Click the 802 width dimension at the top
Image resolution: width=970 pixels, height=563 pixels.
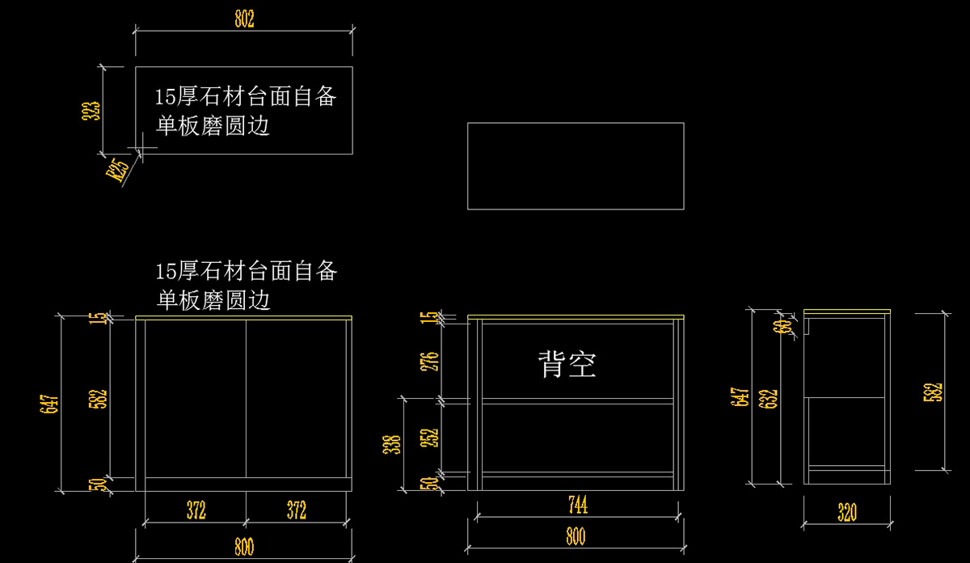tap(244, 19)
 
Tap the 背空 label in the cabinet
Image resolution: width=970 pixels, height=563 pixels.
tap(567, 364)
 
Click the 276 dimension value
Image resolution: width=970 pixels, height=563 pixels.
tap(431, 361)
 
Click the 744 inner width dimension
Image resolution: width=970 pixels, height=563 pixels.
tap(577, 506)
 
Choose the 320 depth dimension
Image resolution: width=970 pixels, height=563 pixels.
tap(846, 512)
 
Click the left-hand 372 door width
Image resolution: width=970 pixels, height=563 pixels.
tap(196, 510)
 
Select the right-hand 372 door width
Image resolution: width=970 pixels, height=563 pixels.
tap(297, 510)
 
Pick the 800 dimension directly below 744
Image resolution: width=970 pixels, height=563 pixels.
tap(576, 536)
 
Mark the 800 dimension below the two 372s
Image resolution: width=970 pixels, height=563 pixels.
tap(243, 547)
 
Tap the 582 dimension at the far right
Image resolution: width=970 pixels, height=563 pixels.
tap(937, 392)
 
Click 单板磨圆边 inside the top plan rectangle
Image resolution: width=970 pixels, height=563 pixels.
tap(213, 126)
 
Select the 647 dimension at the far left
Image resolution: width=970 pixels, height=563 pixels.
tap(48, 403)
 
